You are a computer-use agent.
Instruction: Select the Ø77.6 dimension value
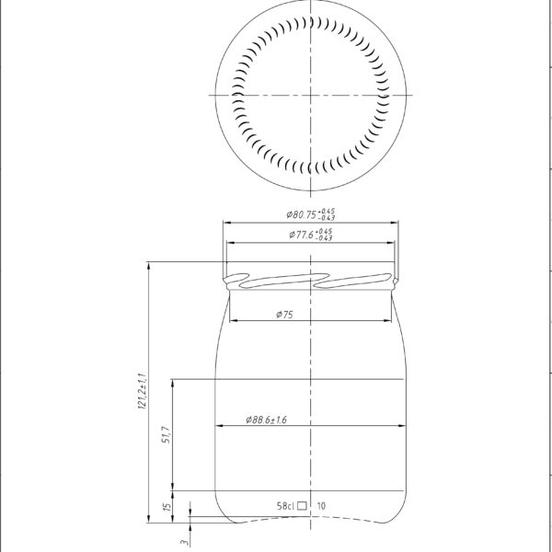pos(303,236)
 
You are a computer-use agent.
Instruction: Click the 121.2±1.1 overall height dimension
pos(142,392)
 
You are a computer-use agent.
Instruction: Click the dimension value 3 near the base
pos(183,543)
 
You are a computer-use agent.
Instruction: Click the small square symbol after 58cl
pos(303,505)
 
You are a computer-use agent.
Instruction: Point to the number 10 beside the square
pos(321,505)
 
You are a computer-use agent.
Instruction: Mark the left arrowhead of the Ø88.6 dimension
pos(219,426)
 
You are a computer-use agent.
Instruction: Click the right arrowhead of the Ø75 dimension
pos(393,321)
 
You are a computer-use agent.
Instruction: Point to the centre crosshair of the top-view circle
pos(312,95)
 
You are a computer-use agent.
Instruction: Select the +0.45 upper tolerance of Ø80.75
pos(328,211)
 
